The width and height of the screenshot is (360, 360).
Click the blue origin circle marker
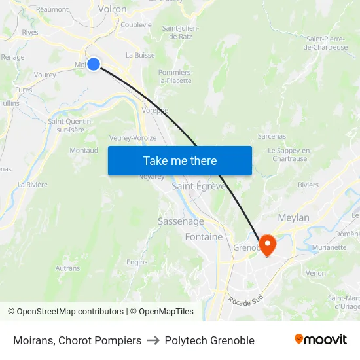[94, 63]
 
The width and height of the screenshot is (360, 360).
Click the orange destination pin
[268, 244]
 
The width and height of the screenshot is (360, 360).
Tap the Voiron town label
[112, 9]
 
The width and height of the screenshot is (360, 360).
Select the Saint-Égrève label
[198, 186]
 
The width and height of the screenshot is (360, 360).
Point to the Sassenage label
[181, 221]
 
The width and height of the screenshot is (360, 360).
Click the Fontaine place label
[204, 236]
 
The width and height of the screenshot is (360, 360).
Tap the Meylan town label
[293, 217]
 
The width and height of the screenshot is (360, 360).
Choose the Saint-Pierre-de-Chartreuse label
[325, 43]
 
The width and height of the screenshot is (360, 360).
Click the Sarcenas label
[272, 136]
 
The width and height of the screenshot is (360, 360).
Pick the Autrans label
[67, 268]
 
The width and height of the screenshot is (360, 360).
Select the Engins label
[137, 262]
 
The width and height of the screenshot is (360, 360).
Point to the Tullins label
[9, 103]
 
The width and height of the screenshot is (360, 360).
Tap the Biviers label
[308, 185]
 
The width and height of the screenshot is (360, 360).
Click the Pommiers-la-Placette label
[175, 77]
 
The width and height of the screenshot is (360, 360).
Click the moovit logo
[320, 340]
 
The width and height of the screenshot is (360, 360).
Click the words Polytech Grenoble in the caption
[209, 340]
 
